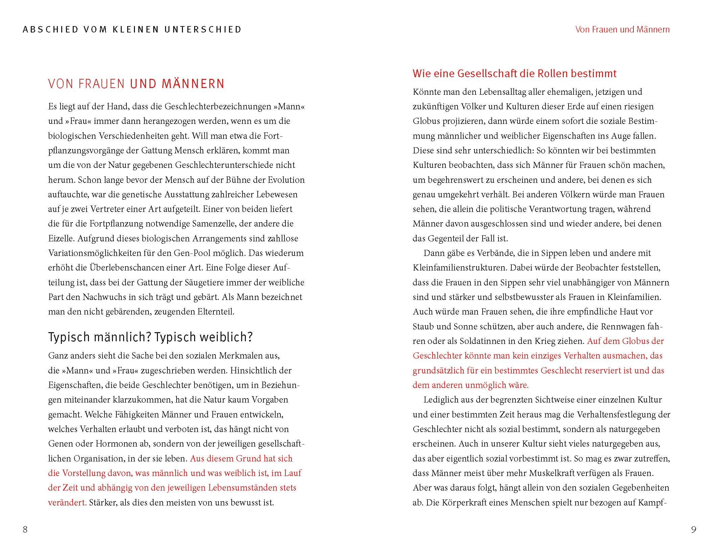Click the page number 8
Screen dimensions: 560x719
point(25,530)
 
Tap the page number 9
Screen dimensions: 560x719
point(694,530)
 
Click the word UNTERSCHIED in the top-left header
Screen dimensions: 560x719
point(203,29)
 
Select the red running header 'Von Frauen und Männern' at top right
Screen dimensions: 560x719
point(622,29)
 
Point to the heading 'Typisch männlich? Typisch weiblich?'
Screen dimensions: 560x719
point(150,337)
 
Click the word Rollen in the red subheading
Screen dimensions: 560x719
point(554,73)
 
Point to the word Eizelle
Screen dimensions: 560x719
point(61,238)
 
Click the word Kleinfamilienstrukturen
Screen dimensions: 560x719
point(459,268)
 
